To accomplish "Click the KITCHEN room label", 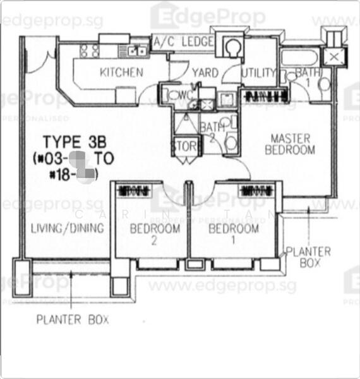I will coord(121,72).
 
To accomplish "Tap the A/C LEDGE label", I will coord(183,43).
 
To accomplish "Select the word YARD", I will coord(205,73).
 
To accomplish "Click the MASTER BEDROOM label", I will coord(290,144).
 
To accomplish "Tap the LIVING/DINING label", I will coord(67,229).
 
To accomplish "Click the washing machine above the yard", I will coord(233,47).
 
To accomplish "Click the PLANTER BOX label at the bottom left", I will coord(72,320).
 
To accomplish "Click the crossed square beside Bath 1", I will coord(334,57).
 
